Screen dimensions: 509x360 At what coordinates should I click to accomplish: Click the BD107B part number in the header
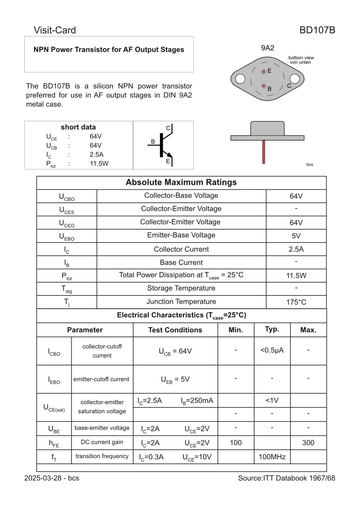[x=317, y=30]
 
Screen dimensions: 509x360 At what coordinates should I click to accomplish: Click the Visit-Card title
[x=54, y=30]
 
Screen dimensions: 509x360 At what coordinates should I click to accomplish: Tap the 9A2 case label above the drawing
[x=267, y=48]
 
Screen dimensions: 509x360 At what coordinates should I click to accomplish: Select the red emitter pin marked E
[x=263, y=72]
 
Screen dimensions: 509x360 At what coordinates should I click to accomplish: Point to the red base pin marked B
[x=263, y=86]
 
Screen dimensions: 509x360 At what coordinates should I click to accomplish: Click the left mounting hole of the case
[x=240, y=79]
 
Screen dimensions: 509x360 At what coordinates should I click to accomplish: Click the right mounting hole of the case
[x=294, y=79]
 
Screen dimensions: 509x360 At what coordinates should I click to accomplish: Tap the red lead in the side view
[x=263, y=152]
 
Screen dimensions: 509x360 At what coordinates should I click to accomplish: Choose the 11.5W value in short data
[x=99, y=163]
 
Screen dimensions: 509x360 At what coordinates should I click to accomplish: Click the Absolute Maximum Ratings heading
[x=181, y=183]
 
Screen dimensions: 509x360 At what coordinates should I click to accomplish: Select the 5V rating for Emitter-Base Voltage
[x=296, y=236]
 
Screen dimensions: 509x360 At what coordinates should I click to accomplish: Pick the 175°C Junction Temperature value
[x=296, y=302]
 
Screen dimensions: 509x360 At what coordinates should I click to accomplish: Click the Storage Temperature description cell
[x=181, y=288]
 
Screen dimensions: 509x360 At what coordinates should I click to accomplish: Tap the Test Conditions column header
[x=175, y=330]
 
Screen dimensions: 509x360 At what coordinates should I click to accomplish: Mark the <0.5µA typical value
[x=272, y=350]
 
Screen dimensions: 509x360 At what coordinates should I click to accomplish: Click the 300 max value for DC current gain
[x=308, y=443]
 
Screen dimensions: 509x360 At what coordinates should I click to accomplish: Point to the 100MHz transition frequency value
[x=272, y=457]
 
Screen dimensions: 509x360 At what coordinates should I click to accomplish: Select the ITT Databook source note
[x=286, y=478]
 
